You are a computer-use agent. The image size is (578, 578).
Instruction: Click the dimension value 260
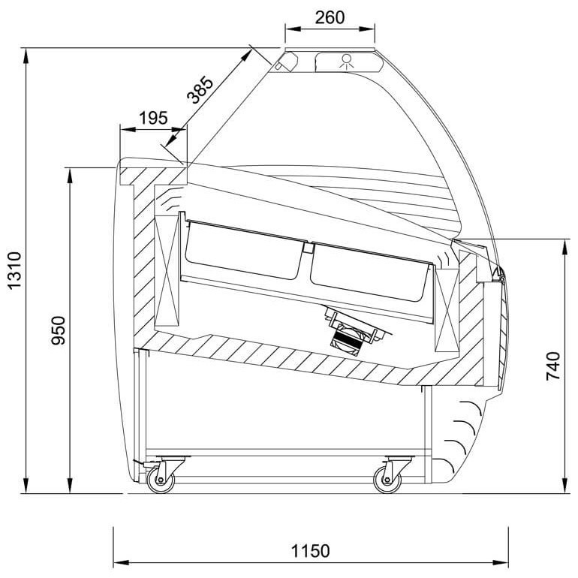click(330, 17)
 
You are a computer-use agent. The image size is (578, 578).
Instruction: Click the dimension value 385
click(200, 90)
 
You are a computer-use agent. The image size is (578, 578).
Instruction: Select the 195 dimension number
click(153, 118)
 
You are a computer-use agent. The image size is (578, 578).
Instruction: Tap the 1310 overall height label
click(15, 270)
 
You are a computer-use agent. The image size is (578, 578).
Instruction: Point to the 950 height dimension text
click(58, 330)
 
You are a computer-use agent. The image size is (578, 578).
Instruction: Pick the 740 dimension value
click(553, 366)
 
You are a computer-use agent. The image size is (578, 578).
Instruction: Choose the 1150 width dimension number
click(310, 552)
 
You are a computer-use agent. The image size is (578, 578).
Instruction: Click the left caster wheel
click(161, 480)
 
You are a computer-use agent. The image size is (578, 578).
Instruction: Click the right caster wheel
click(387, 480)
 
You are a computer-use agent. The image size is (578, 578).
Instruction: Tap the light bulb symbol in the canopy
click(347, 61)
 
